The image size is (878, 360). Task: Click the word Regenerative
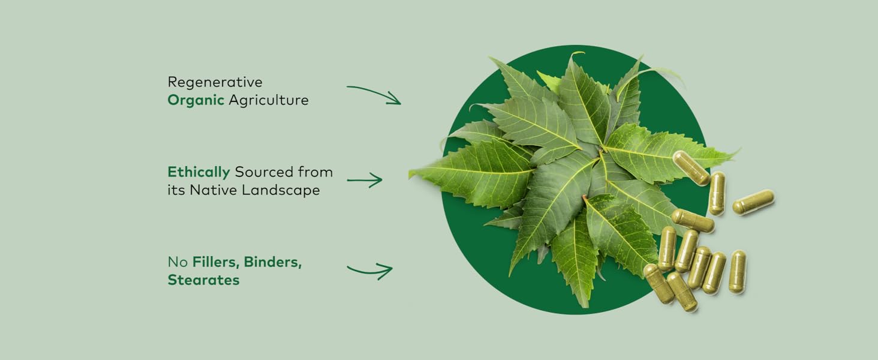[x=215, y=82]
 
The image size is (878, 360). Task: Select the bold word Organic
[x=196, y=100]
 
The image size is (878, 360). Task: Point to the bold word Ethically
[x=199, y=172]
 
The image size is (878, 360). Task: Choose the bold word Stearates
[x=203, y=280]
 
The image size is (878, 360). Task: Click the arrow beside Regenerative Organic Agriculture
[x=373, y=95]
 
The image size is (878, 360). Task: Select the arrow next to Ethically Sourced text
[x=365, y=179]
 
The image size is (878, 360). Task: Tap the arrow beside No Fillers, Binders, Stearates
[x=369, y=270]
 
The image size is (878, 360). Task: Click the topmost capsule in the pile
[x=691, y=167]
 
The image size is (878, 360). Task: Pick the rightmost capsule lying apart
[x=753, y=202]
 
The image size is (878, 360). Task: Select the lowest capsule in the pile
[x=682, y=292]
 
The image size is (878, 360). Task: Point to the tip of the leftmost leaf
[x=411, y=175]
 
